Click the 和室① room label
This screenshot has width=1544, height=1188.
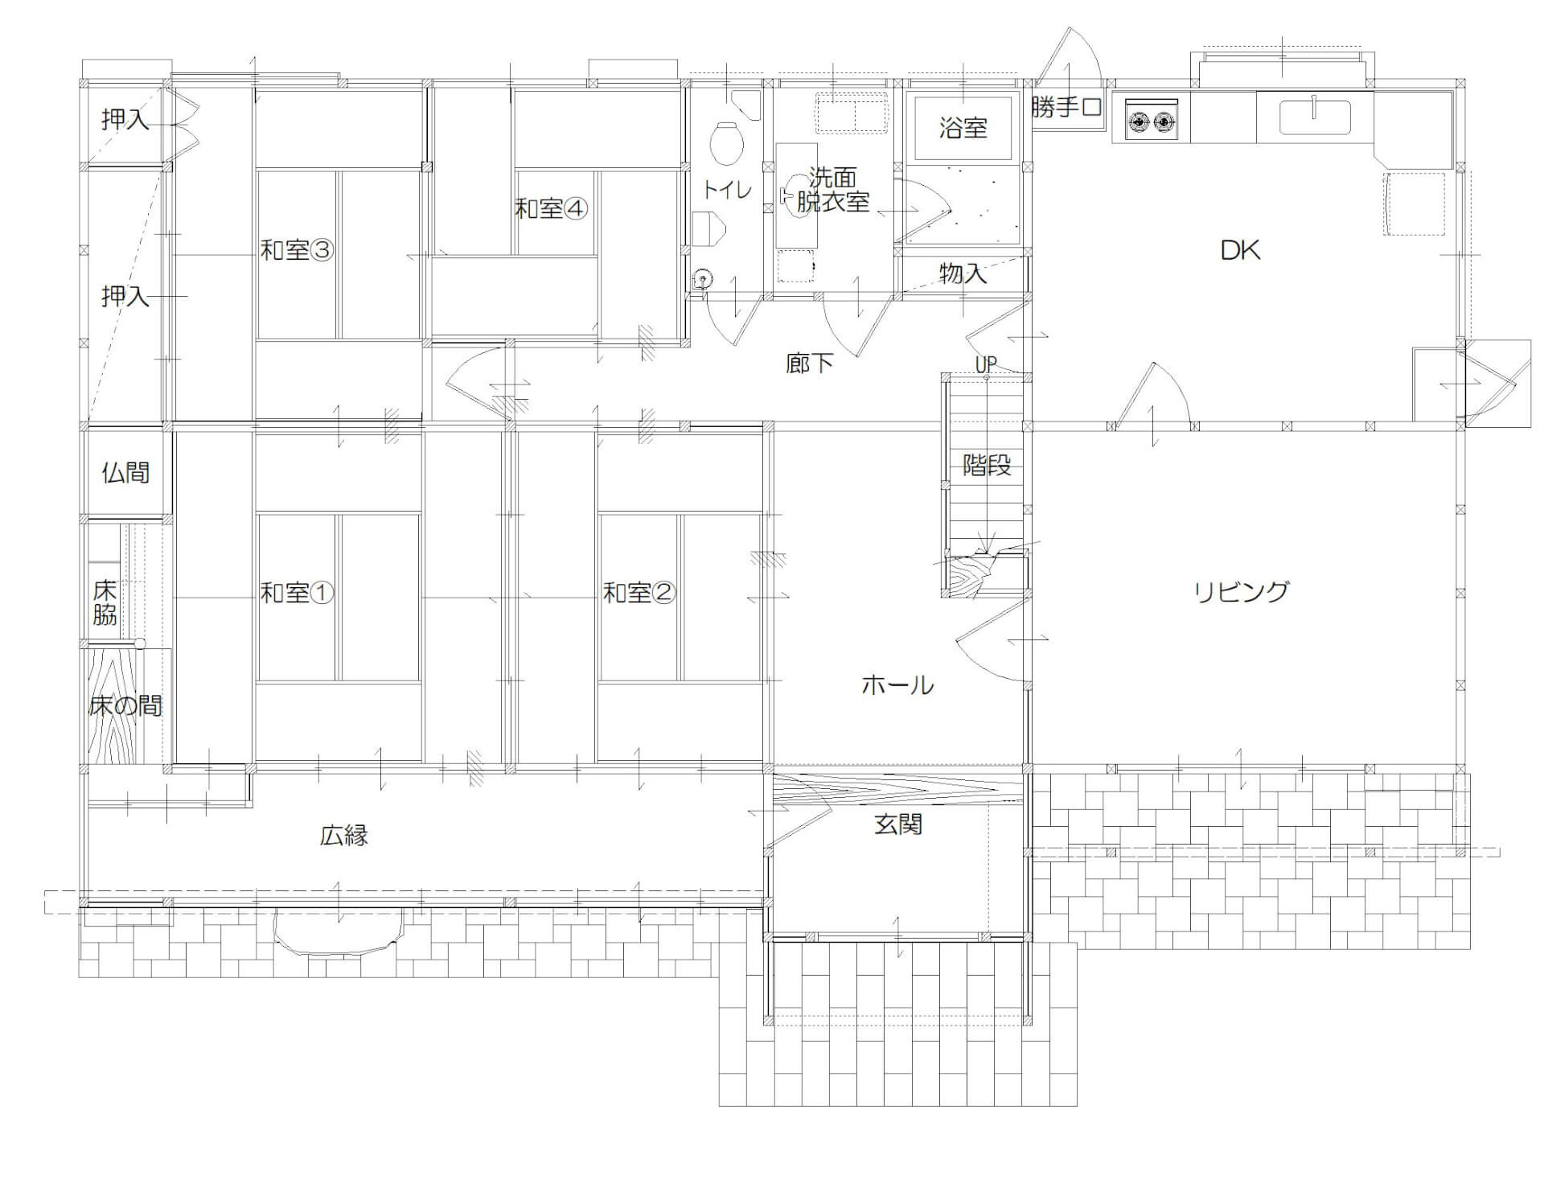pos(297,594)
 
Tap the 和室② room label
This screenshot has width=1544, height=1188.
pos(639,594)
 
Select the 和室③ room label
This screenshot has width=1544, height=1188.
pos(297,250)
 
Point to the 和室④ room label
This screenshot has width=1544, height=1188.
pos(552,209)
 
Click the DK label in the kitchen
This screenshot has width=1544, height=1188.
pos(1240,250)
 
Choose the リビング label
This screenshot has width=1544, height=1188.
pos(1241,592)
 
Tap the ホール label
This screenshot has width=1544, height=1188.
pos(897,685)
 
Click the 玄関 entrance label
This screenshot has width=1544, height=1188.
pos(898,824)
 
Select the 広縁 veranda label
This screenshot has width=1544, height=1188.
pos(344,836)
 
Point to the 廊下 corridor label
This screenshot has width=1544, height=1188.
pos(809,364)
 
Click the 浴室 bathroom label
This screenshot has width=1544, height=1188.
pos(963,127)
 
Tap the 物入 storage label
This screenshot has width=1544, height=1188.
pos(963,273)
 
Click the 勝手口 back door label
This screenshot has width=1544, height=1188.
pos(1066,107)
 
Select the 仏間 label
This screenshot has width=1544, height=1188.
pos(125,472)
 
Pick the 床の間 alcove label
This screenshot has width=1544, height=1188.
pos(125,706)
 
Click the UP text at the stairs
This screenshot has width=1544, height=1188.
pos(986,364)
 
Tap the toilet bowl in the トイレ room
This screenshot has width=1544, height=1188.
pos(726,142)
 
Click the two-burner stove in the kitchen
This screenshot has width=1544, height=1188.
pos(1152,119)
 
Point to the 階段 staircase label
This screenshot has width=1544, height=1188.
pos(987,465)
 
